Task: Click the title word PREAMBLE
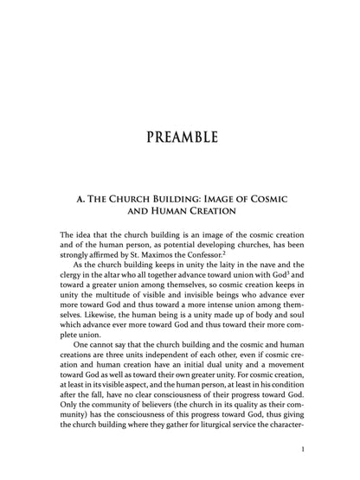180,138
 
